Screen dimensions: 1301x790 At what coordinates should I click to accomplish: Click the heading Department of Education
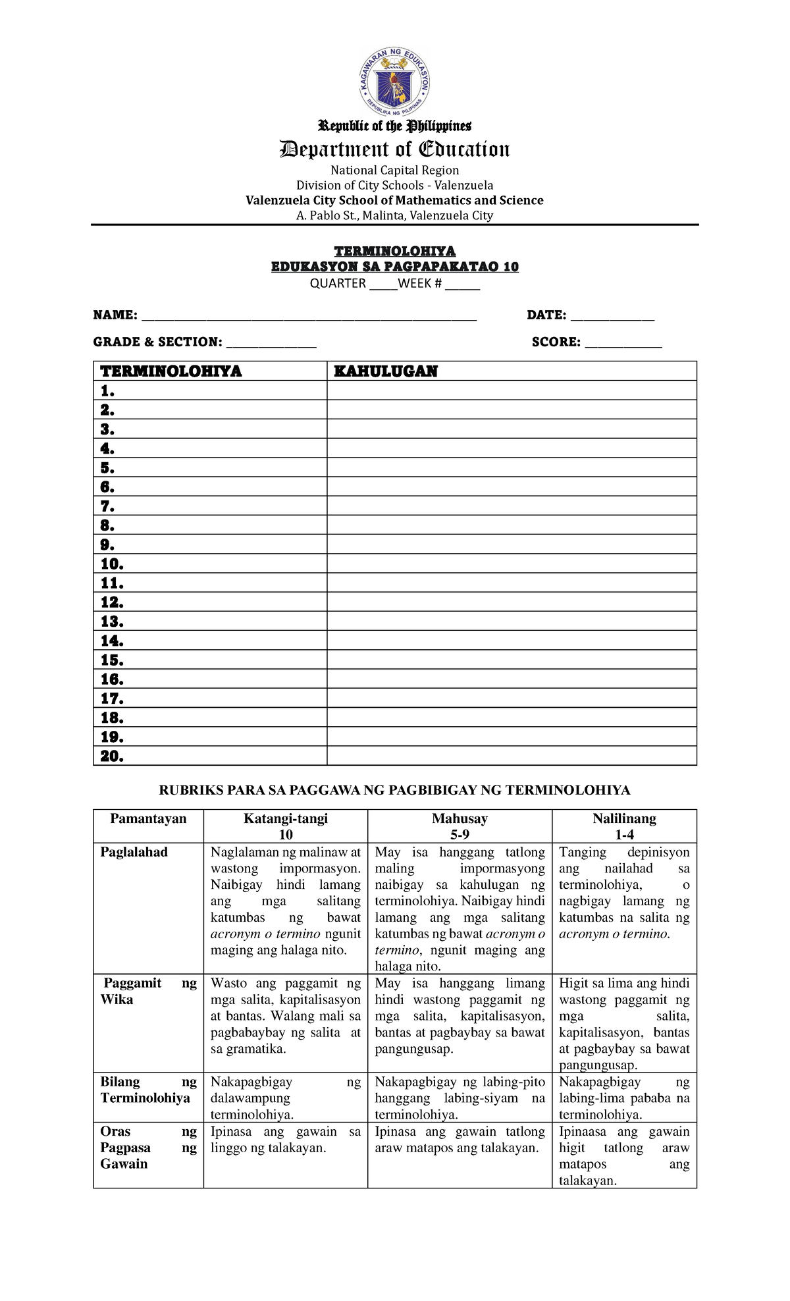pos(394,149)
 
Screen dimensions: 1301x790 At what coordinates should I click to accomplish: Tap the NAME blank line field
pos(309,316)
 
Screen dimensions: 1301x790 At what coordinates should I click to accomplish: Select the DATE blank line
pos(612,316)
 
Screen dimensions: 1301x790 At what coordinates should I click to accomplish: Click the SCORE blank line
pos(623,342)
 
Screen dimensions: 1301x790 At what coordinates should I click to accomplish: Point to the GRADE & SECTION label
pos(157,342)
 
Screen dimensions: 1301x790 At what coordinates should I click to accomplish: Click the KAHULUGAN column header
pos(386,371)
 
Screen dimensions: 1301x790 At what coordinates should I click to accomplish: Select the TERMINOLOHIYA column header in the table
pos(171,371)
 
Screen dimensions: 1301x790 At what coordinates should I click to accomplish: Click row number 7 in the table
pos(108,506)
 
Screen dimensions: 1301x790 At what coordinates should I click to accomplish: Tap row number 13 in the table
pos(112,622)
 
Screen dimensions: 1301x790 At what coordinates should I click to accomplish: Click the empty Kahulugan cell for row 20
pos(512,756)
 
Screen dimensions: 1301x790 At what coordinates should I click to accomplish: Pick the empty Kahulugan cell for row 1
pos(512,391)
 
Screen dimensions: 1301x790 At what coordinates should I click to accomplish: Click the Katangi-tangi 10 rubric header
pos(286,826)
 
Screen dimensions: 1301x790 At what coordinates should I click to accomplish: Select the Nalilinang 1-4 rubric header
pos(624,826)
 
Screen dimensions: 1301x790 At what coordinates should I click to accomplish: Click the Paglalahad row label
pos(134,852)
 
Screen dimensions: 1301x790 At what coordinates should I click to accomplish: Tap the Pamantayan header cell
pos(148,818)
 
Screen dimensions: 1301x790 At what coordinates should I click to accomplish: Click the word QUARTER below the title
pos(338,284)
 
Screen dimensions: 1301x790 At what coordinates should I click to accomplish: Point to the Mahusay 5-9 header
pos(460,826)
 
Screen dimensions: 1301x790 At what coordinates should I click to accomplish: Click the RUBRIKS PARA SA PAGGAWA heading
pos(394,790)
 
